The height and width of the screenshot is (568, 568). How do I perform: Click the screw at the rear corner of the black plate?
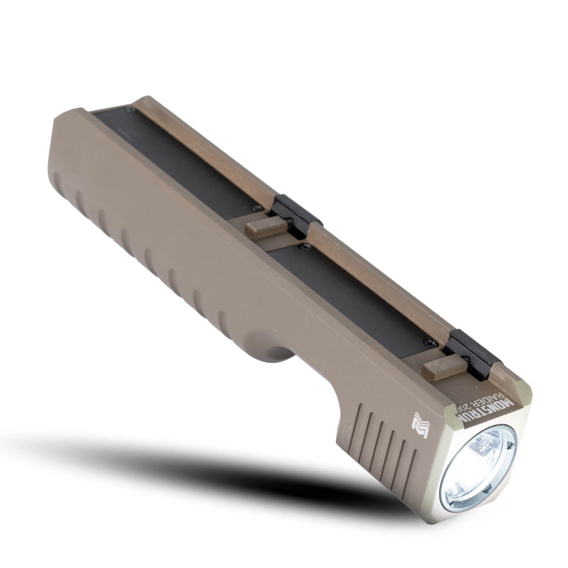[129, 110]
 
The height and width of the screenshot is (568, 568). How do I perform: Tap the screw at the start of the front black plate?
[303, 245]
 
